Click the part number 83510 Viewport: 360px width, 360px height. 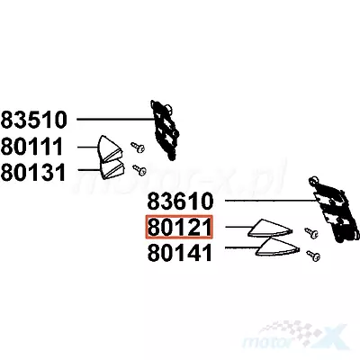[x=33, y=120]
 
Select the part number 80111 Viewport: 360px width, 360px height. [x=31, y=147]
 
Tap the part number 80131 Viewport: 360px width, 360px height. [x=33, y=173]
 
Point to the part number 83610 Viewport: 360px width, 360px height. [x=180, y=201]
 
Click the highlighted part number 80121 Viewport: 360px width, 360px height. [x=179, y=227]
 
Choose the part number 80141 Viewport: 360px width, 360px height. [x=180, y=253]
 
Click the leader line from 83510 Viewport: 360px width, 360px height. [x=115, y=120]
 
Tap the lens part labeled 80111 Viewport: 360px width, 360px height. [x=110, y=148]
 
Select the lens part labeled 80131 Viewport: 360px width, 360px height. [x=112, y=170]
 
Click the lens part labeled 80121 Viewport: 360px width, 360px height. [x=269, y=228]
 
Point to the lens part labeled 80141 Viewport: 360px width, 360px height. [x=276, y=247]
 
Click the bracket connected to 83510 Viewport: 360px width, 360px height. [x=165, y=130]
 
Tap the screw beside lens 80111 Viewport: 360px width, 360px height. [x=138, y=148]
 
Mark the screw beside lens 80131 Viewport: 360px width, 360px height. [x=139, y=170]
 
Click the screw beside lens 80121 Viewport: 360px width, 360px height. [x=311, y=233]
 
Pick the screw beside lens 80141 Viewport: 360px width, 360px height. [x=313, y=256]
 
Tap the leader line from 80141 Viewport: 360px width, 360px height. [x=242, y=247]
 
